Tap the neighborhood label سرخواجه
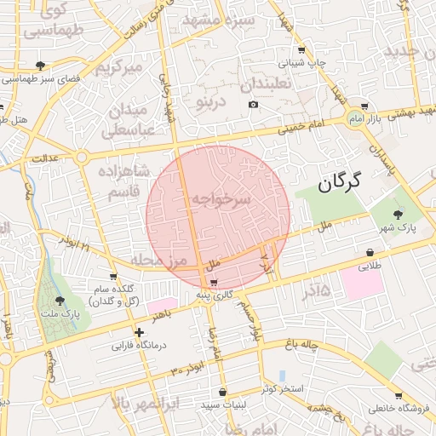[x=220, y=199]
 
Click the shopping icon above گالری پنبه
[x=214, y=282]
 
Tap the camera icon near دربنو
[x=252, y=105]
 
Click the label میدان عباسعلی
[x=129, y=120]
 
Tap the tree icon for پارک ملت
[x=60, y=301]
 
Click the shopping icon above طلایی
[x=370, y=252]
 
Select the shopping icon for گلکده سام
[x=113, y=277]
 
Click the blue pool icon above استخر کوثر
[x=282, y=376]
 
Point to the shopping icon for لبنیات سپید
[x=223, y=393]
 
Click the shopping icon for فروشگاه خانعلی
[x=399, y=395]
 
